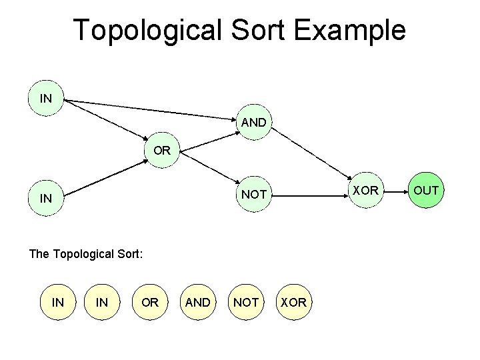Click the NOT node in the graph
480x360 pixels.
(254, 195)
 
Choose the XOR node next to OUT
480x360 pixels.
(366, 191)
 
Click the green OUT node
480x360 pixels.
(426, 191)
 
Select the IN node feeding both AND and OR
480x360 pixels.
(46, 99)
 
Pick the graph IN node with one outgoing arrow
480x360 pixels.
(46, 198)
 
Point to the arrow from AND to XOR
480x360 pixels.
(310, 158)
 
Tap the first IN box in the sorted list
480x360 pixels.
(58, 302)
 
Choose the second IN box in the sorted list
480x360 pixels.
(102, 302)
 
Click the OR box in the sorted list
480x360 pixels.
(150, 302)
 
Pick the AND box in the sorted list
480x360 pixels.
(198, 302)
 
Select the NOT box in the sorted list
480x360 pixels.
(246, 302)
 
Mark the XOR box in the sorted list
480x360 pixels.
(293, 302)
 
